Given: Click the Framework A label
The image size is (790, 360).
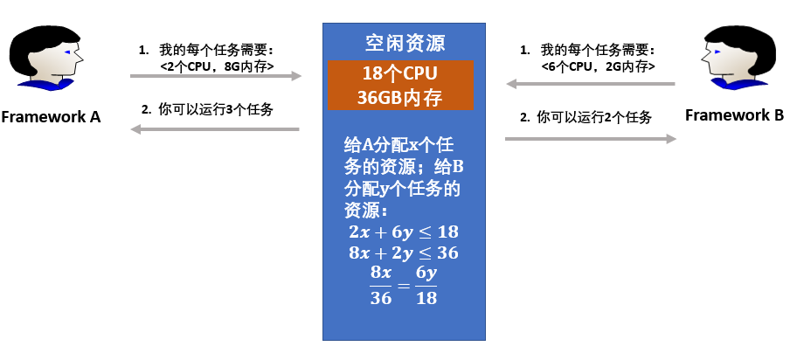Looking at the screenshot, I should tap(51, 116).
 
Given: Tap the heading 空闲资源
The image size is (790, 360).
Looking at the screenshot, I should tap(405, 42).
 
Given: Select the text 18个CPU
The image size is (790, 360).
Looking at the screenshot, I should tap(400, 73).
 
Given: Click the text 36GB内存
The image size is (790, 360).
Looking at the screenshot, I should tap(400, 96).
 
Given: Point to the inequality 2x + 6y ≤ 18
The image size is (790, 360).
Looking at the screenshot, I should tap(403, 232).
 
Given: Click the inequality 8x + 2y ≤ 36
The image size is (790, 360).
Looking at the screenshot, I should tap(403, 253).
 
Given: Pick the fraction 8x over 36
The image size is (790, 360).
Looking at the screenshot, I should tap(381, 285).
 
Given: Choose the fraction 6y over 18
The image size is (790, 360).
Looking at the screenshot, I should tap(426, 285).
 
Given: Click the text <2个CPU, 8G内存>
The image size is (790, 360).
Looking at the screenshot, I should tap(218, 66).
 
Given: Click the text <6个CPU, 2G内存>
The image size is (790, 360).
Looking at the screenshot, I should tap(598, 66).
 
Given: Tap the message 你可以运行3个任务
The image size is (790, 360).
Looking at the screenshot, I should tap(216, 110).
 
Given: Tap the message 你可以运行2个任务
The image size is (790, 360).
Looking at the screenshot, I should tap(594, 117).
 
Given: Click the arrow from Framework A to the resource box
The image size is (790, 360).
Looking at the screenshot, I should tap(215, 77).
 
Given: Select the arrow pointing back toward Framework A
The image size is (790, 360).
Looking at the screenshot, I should tap(215, 129).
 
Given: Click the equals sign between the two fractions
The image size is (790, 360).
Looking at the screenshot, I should tap(403, 286).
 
